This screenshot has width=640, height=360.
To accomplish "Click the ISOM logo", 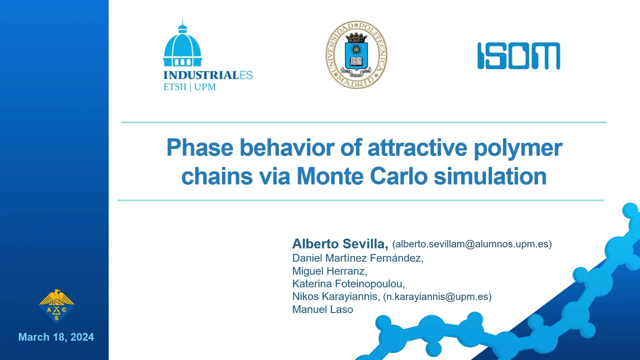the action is click(518, 56).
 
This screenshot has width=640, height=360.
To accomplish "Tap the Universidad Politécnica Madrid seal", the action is click(356, 54).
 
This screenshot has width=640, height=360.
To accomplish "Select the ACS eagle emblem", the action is click(56, 305).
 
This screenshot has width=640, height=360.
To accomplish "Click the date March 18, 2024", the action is click(56, 337).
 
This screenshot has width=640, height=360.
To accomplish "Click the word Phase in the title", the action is click(199, 147).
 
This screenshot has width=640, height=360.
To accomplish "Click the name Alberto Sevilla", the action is click(340, 243).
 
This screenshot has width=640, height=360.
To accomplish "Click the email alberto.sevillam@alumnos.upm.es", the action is click(472, 244).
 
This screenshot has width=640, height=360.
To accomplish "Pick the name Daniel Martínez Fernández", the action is click(357, 258).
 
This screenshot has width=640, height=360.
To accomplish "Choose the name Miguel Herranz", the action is click(329, 271).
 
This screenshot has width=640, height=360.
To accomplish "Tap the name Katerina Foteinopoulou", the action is click(348, 283).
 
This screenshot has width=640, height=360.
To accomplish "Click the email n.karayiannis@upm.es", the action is click(437, 296).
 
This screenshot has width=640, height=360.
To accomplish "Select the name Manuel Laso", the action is click(322, 309).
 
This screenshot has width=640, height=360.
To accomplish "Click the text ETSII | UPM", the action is click(189, 87).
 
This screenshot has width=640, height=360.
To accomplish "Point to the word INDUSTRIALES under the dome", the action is click(208, 75).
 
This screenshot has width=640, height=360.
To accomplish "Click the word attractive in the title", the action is click(417, 147).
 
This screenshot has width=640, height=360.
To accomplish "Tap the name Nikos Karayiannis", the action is click(336, 296).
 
